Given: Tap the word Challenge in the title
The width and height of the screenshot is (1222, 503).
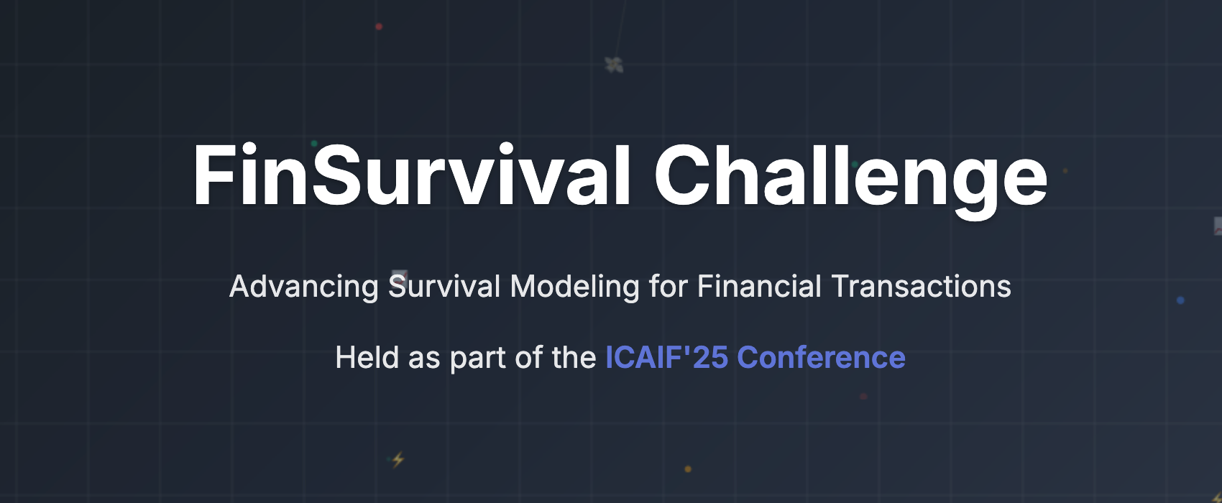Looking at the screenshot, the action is (x=851, y=180).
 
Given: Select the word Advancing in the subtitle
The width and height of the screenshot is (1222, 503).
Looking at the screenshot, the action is (x=304, y=287).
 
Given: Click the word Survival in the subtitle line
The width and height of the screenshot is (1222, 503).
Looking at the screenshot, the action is (x=444, y=286).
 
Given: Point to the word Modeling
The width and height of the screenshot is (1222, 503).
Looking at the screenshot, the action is (x=574, y=287).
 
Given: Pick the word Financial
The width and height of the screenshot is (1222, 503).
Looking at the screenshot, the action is (x=759, y=286).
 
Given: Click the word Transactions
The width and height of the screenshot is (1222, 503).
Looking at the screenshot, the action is (x=922, y=286).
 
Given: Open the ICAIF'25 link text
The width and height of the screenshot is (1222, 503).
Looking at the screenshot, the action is (x=666, y=357).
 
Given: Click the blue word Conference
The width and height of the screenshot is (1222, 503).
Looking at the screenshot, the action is (x=822, y=357).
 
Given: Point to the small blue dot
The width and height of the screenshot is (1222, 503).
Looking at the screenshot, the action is (x=1180, y=300).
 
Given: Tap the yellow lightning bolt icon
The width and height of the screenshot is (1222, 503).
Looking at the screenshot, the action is (x=398, y=459).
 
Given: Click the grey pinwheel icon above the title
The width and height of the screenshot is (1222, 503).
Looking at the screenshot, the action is (x=615, y=65).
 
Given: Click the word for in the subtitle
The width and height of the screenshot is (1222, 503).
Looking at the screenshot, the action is (x=669, y=286).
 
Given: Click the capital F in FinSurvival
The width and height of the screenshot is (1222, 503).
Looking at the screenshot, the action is (x=211, y=175).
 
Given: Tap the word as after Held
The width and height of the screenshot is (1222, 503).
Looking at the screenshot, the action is (x=424, y=360).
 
